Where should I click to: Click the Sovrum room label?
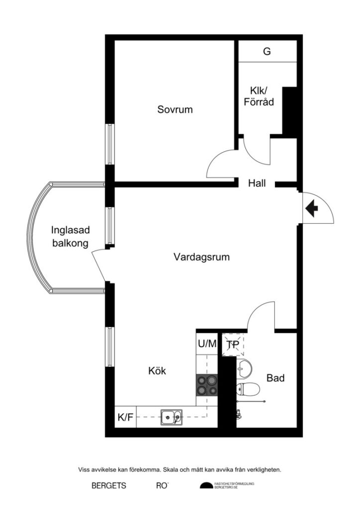click(175, 109)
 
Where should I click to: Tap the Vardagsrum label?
click(201, 257)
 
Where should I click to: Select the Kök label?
click(157, 371)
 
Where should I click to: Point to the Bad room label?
click(275, 378)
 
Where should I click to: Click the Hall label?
click(257, 183)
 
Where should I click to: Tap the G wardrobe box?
click(267, 51)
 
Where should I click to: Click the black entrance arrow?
click(312, 208)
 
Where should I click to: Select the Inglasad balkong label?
click(70, 237)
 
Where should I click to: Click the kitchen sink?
click(171, 417)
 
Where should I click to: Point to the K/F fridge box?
click(125, 417)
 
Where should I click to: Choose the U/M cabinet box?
click(207, 343)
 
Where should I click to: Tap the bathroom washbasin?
click(244, 368)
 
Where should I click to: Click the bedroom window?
click(110, 144)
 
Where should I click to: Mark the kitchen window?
click(110, 346)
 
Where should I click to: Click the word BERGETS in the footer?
click(108, 486)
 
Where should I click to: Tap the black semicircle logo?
click(206, 486)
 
